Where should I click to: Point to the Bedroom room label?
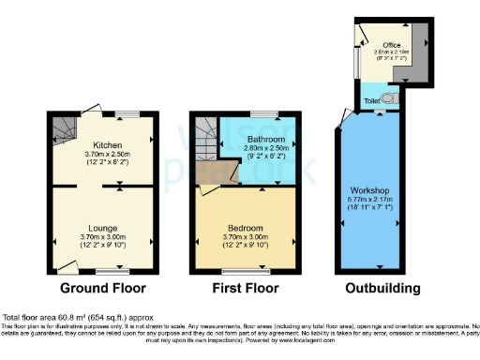pos(244,227)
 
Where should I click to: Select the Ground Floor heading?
pos(97,288)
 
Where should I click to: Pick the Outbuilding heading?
pos(382,288)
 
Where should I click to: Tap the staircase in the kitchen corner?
pos(65,127)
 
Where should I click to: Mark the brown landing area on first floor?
pos(226,172)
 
